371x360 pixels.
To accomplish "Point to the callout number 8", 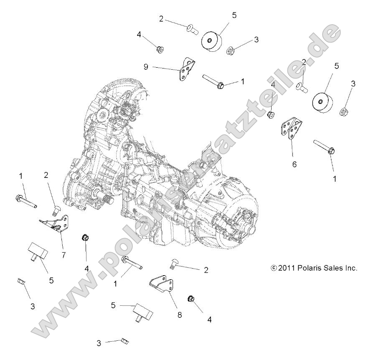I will [x=180, y=315].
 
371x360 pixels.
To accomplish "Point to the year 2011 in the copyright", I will [x=288, y=268].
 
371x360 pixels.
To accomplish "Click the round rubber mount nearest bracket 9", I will [x=212, y=41].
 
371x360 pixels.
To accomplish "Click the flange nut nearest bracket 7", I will [x=85, y=238].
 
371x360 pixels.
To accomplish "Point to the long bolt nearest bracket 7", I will [x=26, y=201].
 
